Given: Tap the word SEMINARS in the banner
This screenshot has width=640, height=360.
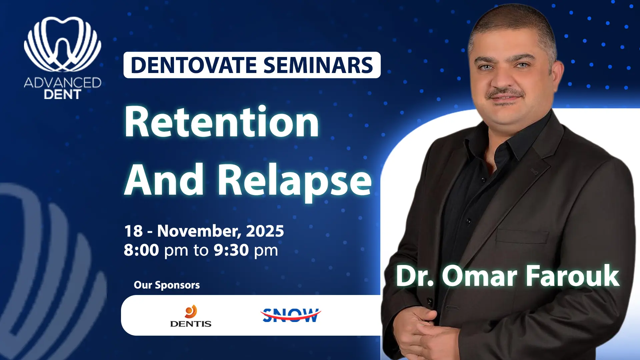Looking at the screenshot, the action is point(318,65).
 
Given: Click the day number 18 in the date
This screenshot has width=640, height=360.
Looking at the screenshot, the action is point(133,231).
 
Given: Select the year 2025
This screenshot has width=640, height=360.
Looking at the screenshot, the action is point(265,231).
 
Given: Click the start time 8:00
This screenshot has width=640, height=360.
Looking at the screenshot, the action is point(141,250).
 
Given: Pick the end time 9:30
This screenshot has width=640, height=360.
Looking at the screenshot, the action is point(231,250).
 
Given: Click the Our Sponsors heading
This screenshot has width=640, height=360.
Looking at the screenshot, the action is point(167,285).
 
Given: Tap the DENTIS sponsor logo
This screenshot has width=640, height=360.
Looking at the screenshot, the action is point(191,316).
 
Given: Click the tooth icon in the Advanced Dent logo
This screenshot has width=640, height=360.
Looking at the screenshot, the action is point(63,44).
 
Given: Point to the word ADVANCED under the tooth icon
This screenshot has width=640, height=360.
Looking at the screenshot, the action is point(63,83).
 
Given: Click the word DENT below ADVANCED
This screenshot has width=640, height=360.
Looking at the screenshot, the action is point(63,95).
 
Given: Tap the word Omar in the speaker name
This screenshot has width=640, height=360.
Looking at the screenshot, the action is point(480,276).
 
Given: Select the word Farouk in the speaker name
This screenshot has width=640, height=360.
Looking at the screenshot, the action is point(572,276).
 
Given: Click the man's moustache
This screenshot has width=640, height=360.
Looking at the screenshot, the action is point(505,93).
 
